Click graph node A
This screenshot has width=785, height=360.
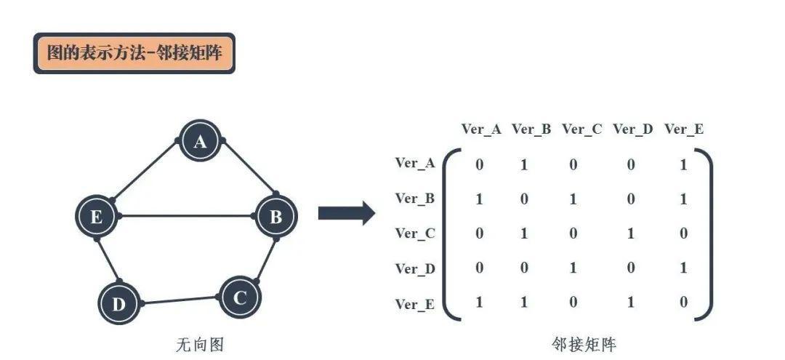point(200,141)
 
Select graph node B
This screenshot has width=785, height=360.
point(276,216)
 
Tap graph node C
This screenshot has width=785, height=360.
point(239,297)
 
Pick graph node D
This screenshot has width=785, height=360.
point(118,304)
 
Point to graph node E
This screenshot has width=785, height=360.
point(97,216)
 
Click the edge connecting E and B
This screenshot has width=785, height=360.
point(186,216)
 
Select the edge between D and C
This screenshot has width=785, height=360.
point(180,300)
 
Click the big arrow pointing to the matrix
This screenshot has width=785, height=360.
point(346,213)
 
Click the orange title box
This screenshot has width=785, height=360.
point(134,53)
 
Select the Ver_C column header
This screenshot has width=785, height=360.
point(581,129)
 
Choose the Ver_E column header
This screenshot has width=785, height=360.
point(683,129)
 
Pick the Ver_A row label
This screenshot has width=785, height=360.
point(415,163)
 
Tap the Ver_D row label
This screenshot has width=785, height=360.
point(415,268)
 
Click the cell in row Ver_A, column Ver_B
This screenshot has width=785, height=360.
point(524,165)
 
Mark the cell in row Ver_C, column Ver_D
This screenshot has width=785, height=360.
point(630,233)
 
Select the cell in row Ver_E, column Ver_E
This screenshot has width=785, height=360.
point(683,302)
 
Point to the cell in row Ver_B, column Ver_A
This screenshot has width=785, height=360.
point(479,199)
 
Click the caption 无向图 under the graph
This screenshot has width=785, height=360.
point(196,344)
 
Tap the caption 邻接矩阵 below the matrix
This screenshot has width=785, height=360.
point(584,344)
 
